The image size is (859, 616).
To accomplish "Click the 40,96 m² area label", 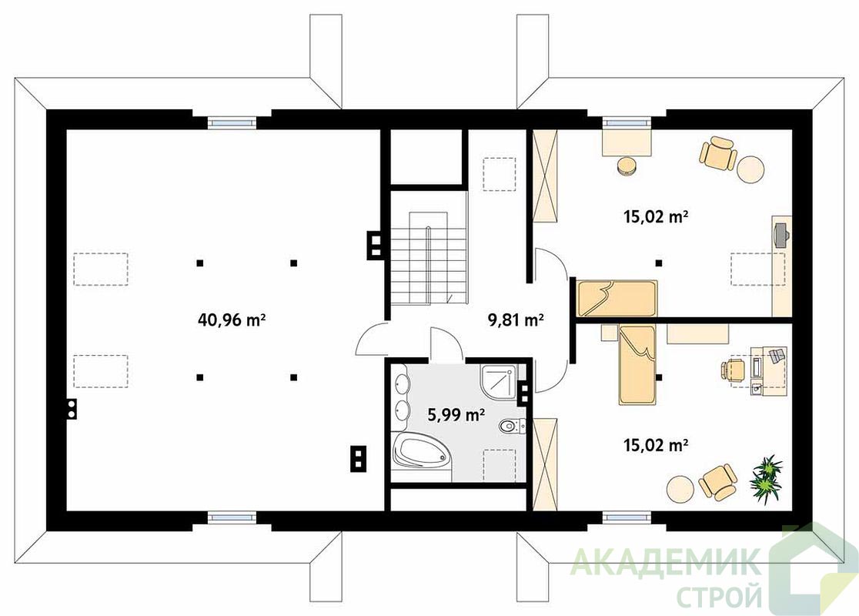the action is pos(231,319).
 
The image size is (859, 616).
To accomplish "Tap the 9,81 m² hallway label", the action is pos(516,319).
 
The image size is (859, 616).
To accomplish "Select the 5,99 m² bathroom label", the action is pos(456,415).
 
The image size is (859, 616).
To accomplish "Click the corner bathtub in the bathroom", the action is pos(421,451).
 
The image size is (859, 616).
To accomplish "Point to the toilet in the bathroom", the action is pos(512,425).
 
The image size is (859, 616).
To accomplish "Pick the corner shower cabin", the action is pos(499,381).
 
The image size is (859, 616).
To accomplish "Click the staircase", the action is pos(429,258).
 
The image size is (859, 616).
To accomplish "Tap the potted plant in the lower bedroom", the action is pos(767,480).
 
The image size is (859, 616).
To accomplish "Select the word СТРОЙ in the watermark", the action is pos(719,595).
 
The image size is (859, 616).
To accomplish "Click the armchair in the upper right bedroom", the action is pos(717,153).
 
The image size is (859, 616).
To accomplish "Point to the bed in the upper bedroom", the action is pos(617,299).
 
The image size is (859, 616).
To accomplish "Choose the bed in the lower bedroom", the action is pos(637,365).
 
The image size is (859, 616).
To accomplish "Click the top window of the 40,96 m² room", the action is pos(232,123).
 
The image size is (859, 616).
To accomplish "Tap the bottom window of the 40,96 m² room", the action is pos(232,516).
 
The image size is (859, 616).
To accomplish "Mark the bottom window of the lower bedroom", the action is pos(627,516).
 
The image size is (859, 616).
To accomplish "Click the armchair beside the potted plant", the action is pos(717,482).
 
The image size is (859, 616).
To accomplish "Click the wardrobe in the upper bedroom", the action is pos(544,176).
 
